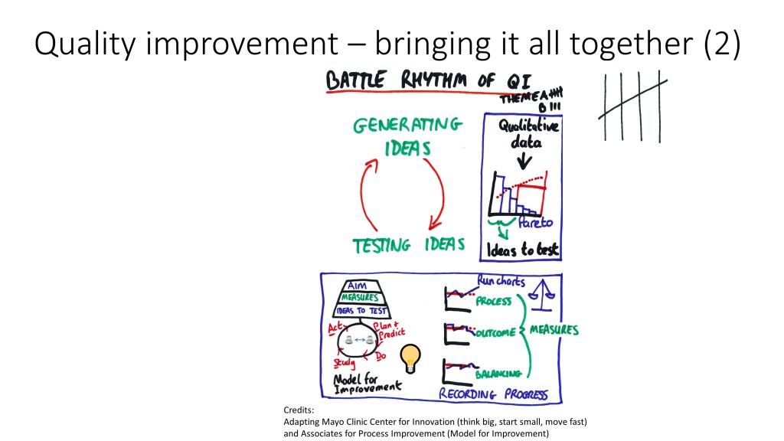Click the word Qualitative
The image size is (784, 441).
(x=528, y=127)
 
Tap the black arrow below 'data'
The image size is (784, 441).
(x=524, y=161)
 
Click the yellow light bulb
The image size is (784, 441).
(x=410, y=358)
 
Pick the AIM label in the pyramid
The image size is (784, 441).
(x=360, y=286)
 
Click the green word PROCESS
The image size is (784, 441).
(x=493, y=301)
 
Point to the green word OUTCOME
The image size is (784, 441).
(x=495, y=334)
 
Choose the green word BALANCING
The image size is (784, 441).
(x=498, y=374)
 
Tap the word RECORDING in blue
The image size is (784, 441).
(x=467, y=394)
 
